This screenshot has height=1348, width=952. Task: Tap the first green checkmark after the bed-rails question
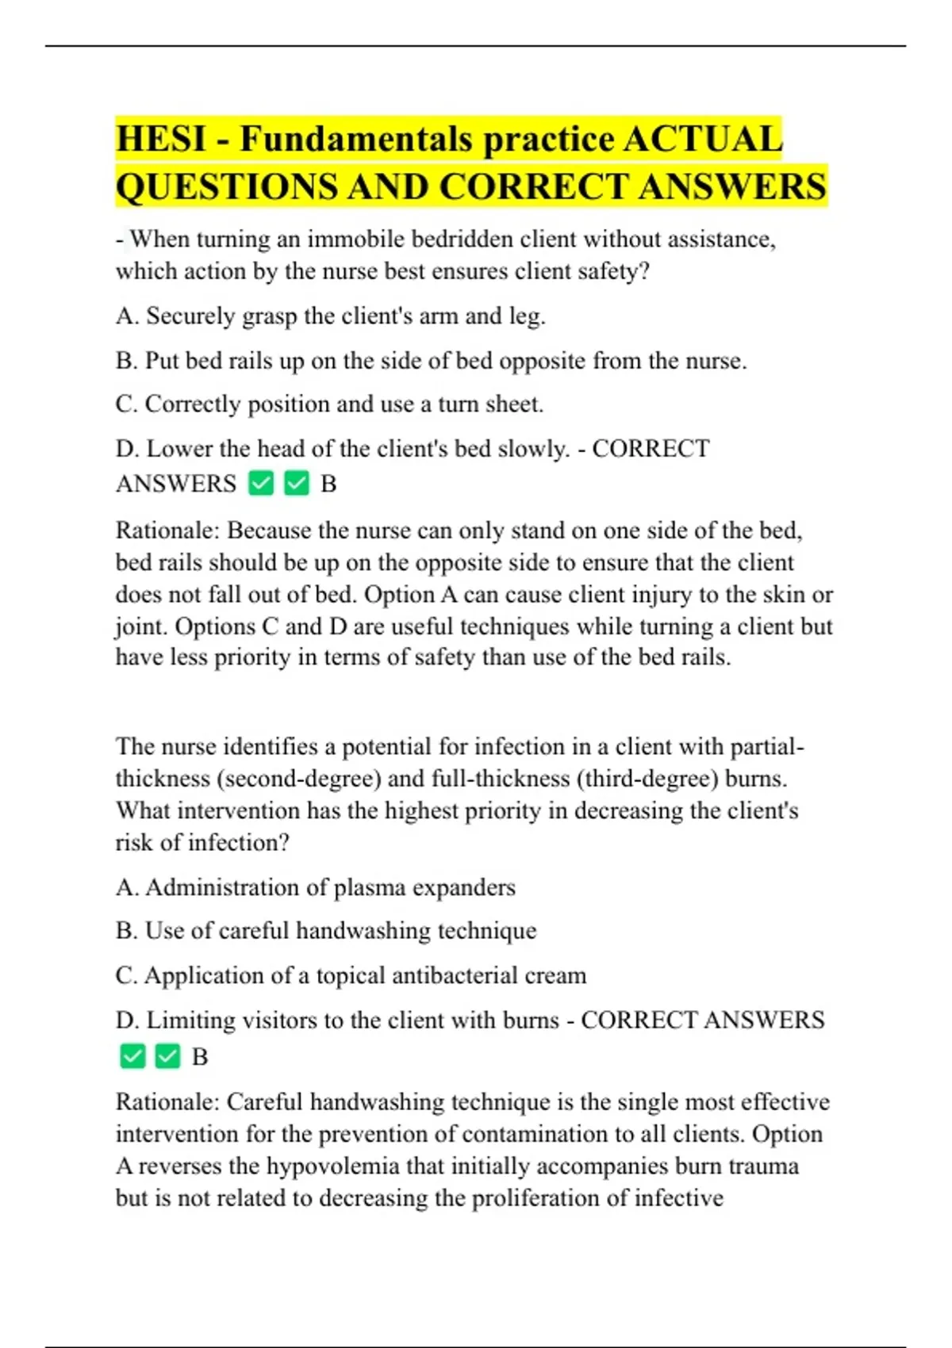tap(261, 483)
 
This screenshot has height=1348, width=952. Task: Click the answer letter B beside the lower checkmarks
tap(200, 1057)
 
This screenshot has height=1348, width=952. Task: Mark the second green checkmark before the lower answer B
tap(167, 1056)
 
